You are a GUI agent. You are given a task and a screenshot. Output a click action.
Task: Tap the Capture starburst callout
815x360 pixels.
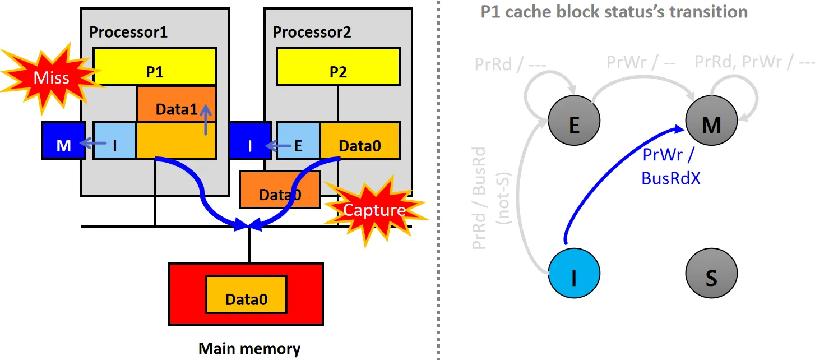tap(374, 210)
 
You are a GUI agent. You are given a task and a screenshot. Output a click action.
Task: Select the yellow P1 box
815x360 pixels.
tap(155, 67)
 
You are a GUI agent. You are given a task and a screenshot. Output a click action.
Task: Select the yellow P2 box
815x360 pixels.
tap(337, 67)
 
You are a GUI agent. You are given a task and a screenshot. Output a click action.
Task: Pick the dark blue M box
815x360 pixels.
tap(63, 140)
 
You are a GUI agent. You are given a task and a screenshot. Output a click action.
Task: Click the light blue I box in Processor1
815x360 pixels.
tap(114, 140)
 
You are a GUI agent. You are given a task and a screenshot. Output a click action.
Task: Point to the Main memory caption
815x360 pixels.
tap(249, 349)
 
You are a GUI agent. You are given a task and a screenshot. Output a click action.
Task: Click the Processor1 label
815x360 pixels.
tap(128, 32)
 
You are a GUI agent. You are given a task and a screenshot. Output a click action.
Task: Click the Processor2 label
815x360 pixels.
tap(312, 32)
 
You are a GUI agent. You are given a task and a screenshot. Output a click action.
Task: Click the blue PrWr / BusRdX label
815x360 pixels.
tap(670, 166)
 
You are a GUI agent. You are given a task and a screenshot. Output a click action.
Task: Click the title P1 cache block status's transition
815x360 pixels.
tap(614, 12)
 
